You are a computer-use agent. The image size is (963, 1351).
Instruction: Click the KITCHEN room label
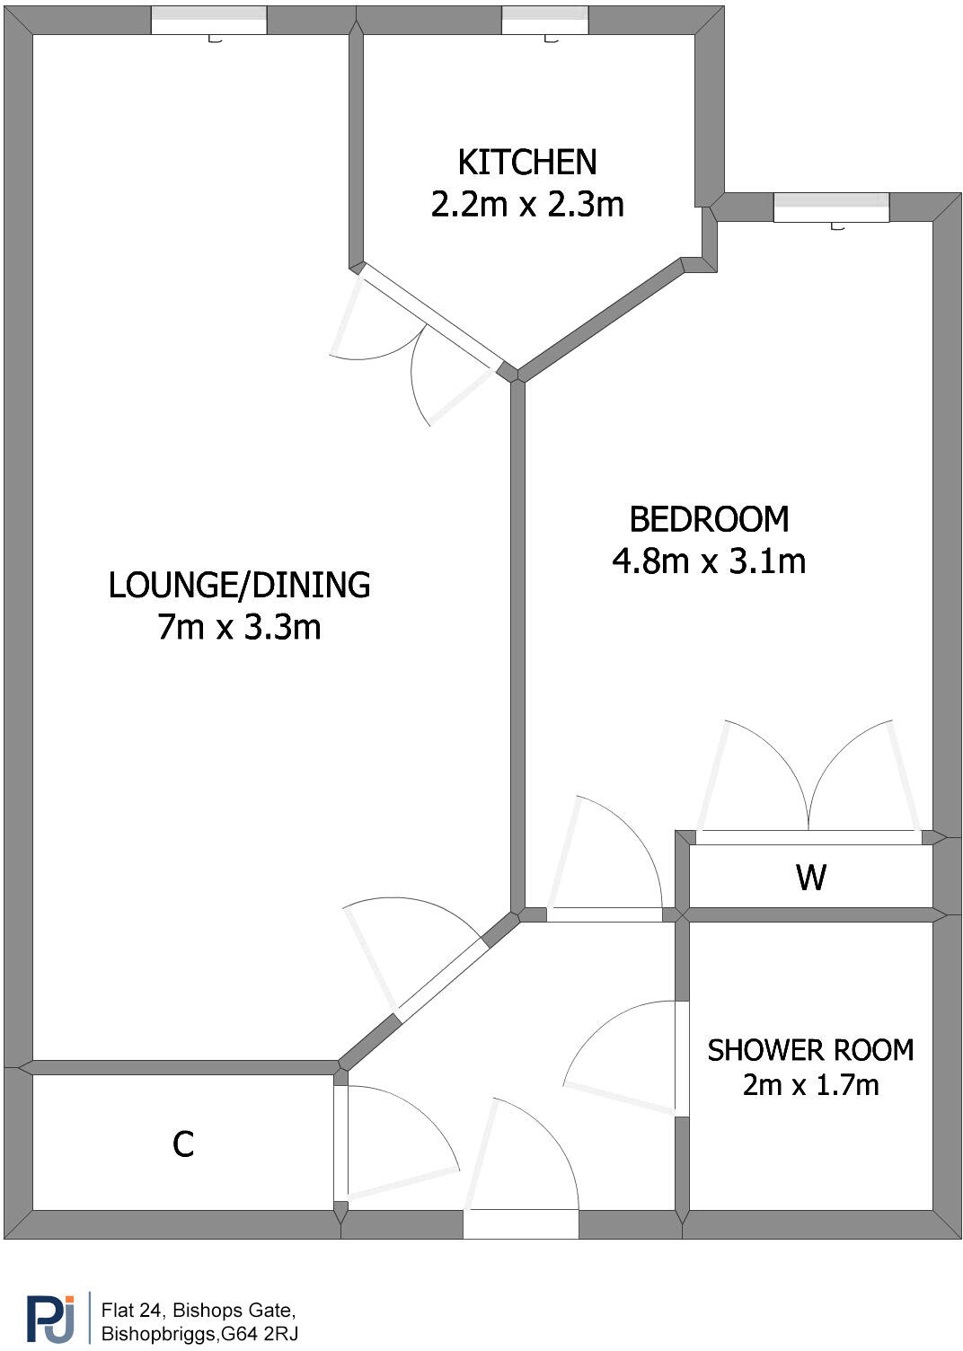point(526,163)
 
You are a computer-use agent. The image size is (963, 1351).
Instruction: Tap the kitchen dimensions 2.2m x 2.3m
point(526,205)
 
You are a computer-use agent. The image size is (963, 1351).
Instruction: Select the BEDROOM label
point(709,519)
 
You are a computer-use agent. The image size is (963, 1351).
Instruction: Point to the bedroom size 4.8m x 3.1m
point(709,561)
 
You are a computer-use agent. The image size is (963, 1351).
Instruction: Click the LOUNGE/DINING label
point(239,585)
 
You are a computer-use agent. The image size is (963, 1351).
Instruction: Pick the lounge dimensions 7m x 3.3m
point(239,627)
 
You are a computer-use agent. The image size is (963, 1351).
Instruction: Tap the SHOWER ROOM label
point(810,1050)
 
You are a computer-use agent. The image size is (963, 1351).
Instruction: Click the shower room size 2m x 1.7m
point(810,1085)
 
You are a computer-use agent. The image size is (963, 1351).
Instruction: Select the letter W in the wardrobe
point(810,877)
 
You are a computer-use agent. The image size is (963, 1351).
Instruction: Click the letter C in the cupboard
point(183,1144)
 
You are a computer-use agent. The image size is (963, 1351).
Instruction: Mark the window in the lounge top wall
point(208,20)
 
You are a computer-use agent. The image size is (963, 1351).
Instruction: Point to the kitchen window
point(544,20)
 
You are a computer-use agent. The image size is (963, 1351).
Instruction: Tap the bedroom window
point(831,207)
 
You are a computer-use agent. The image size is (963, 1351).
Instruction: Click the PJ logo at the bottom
point(50,1318)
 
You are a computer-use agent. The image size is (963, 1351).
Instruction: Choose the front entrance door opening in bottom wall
point(521,1223)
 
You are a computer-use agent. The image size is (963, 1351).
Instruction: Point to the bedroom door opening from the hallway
point(605,914)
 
